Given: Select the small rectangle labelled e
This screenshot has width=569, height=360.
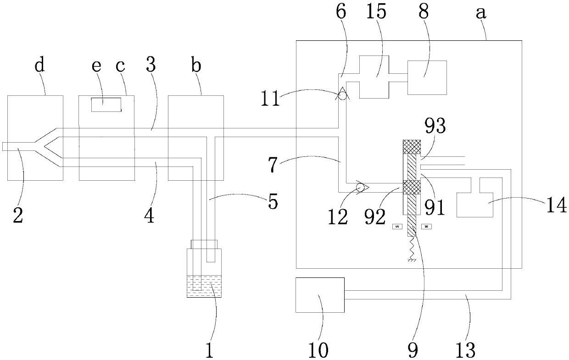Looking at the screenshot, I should [106, 105].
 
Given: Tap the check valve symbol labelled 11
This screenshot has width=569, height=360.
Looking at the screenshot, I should [342, 95].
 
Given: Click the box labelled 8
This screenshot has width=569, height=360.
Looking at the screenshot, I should [427, 78].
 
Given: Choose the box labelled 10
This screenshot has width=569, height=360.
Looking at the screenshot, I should [320, 294].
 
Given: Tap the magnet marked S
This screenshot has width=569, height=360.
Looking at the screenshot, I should [396, 227].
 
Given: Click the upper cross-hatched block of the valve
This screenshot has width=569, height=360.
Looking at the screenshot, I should [411, 147].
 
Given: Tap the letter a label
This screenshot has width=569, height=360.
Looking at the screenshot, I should [480, 12].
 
